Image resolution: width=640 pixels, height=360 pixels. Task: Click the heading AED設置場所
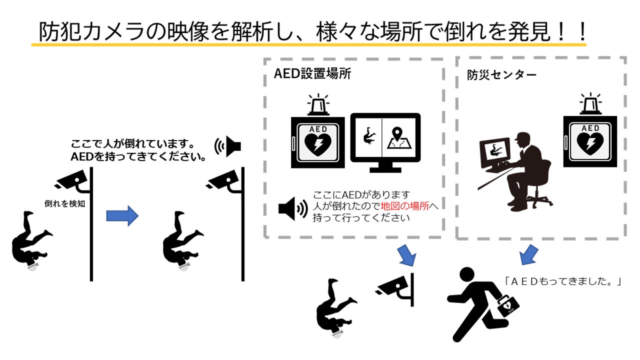click(x=312, y=74)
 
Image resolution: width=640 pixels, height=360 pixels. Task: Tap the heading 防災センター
click(x=501, y=75)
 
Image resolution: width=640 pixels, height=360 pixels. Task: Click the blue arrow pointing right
click(x=122, y=215)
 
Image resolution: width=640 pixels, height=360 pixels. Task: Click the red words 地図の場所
click(x=404, y=206)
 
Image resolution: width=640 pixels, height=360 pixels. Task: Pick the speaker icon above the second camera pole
click(x=228, y=146)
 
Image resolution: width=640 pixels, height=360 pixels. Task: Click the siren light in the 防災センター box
click(x=590, y=104)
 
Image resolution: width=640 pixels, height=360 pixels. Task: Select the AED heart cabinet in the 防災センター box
click(x=590, y=141)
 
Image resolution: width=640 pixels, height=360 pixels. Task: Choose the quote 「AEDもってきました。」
click(x=562, y=281)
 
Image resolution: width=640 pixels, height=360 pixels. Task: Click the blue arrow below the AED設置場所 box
click(x=406, y=255)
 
